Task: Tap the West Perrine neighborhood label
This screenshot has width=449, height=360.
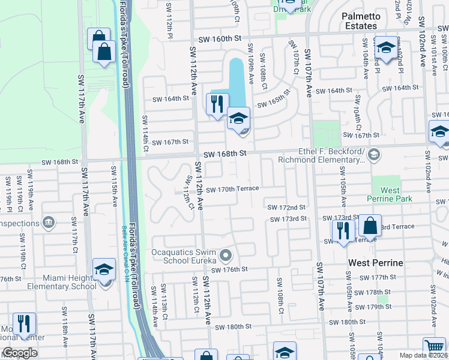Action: coord(376,263)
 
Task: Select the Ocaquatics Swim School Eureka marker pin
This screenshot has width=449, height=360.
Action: coord(226,256)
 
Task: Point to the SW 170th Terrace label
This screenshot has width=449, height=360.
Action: coord(233,188)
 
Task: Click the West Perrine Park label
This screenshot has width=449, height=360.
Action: coord(390,194)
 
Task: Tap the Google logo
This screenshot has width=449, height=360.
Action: coord(20,352)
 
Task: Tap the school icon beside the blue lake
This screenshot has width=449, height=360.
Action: coord(238,119)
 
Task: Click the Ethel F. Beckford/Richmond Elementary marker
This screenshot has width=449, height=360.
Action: coord(374,155)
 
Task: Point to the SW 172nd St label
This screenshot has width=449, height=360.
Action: coord(286,207)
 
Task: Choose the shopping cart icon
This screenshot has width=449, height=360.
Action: coord(434,347)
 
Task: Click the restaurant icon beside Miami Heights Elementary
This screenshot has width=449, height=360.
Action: coord(24,323)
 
